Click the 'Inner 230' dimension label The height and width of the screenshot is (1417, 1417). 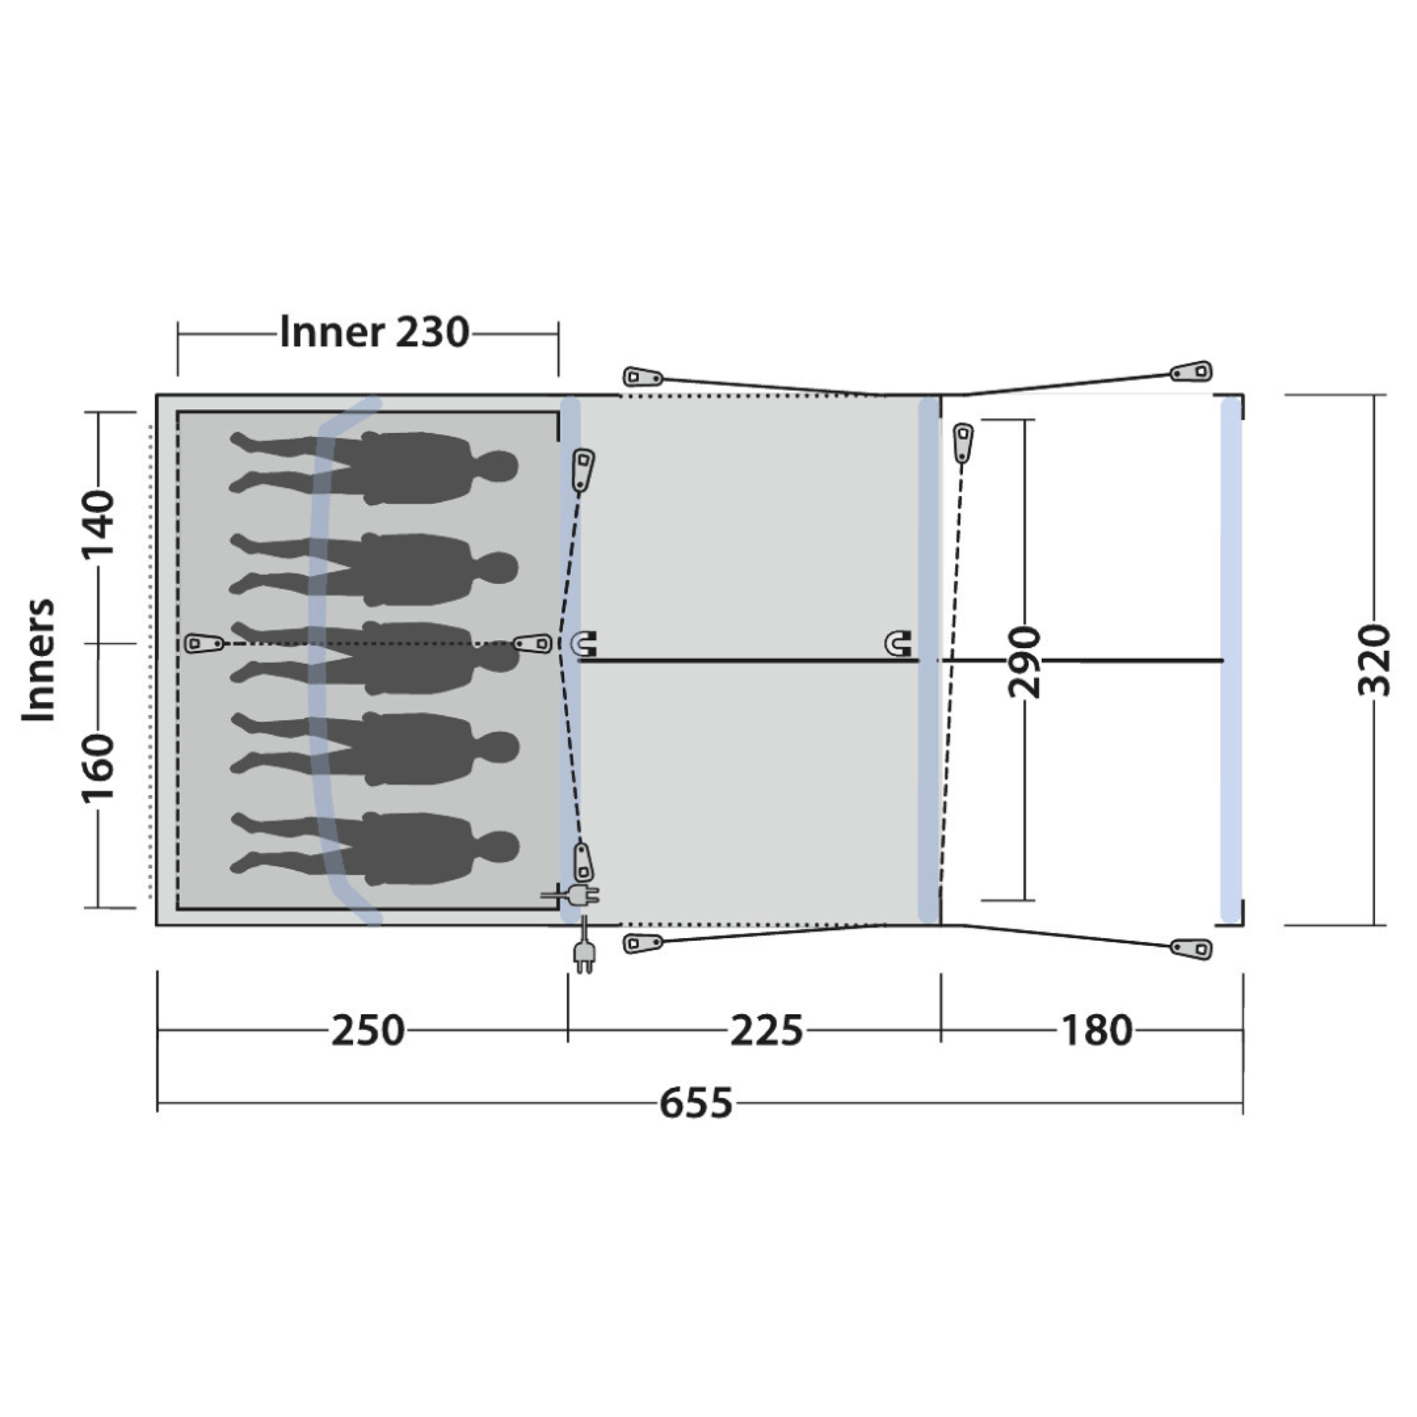374,333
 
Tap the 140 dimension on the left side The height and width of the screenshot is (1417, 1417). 99,525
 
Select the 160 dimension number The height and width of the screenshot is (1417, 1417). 99,768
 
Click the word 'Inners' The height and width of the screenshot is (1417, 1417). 38,660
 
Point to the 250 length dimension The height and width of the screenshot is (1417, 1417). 368,1030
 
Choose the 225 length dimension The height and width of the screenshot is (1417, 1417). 766,1030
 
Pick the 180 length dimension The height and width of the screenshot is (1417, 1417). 1097,1030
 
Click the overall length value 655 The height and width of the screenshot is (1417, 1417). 696,1103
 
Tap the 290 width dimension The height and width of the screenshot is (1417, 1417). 1024,661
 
